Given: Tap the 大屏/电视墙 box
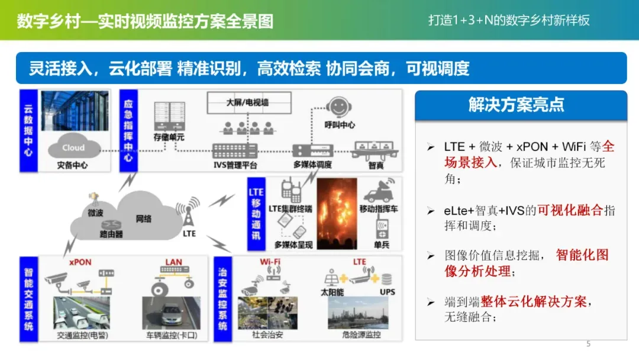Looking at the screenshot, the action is pyautogui.click(x=249, y=103).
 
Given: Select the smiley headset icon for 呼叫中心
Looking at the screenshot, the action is pyautogui.click(x=338, y=107).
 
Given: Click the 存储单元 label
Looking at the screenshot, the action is pyautogui.click(x=169, y=137).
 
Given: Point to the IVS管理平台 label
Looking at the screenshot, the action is pyautogui.click(x=235, y=165).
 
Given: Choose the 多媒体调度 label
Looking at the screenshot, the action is pyautogui.click(x=312, y=165).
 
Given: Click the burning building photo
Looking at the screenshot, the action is pyautogui.click(x=337, y=213).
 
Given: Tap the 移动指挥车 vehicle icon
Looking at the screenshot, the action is pyautogui.click(x=379, y=191).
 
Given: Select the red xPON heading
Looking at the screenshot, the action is pyautogui.click(x=80, y=262).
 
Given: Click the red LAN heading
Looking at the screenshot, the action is pyautogui.click(x=173, y=262).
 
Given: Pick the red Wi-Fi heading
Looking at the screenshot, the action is pyautogui.click(x=270, y=261).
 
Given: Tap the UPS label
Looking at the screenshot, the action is pyautogui.click(x=387, y=292).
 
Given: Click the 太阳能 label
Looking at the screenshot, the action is pyautogui.click(x=332, y=292).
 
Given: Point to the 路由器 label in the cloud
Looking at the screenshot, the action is pyautogui.click(x=111, y=234).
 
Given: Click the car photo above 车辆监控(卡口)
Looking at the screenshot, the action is pyautogui.click(x=171, y=313).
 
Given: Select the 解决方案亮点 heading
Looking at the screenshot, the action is pyautogui.click(x=517, y=105).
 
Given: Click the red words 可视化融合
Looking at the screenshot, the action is pyautogui.click(x=570, y=210).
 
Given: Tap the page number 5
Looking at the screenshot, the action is pyautogui.click(x=588, y=343).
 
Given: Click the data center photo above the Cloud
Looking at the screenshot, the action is pyautogui.click(x=75, y=111).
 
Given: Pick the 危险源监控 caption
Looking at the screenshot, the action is pyautogui.click(x=362, y=335).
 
